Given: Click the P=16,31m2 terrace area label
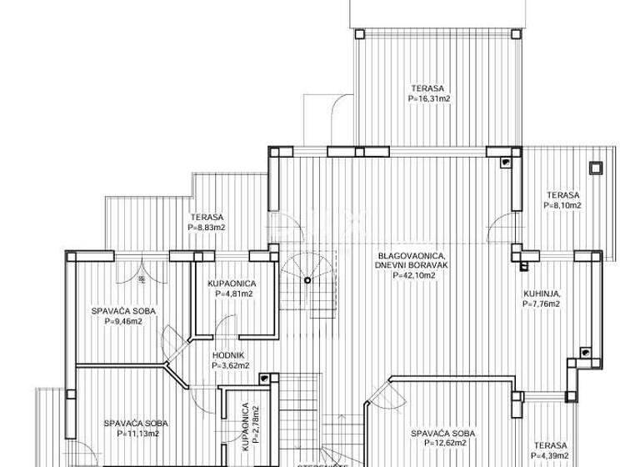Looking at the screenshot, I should pos(429,98).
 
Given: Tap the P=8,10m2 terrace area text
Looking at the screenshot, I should pos(562,204).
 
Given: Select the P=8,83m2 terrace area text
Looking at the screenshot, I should pos(207,226).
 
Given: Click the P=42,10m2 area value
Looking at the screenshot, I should pos(407,274).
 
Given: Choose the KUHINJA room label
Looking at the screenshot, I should pos(541,294).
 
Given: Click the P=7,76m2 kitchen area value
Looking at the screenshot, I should pos(541,304).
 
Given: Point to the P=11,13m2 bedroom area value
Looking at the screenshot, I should pos(126,434).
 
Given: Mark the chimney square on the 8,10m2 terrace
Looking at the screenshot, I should pos(596,168).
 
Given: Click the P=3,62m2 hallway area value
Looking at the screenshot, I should pos(229,364).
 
